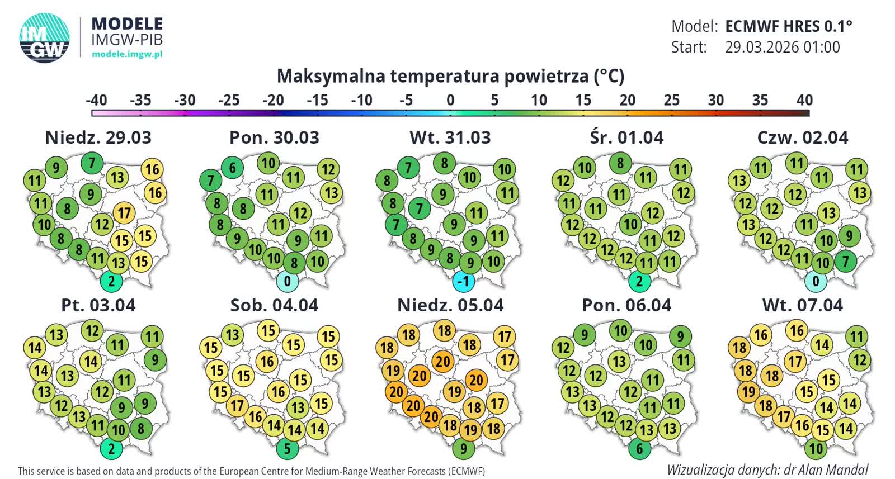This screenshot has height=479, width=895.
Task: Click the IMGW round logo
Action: point(45,37)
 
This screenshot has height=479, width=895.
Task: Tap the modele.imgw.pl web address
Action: point(127,54)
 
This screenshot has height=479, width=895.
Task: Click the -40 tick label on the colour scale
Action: point(96,100)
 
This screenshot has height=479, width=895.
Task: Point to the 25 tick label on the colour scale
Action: point(671,100)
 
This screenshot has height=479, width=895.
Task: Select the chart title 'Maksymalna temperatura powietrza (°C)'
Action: point(450,76)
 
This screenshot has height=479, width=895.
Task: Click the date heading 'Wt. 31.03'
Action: point(450,137)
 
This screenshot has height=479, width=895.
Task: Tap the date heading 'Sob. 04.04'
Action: point(274,305)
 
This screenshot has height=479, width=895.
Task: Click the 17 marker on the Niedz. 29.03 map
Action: point(124,213)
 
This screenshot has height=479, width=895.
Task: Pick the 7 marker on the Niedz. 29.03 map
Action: point(92,163)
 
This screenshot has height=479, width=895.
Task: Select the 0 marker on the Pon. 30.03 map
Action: point(288,281)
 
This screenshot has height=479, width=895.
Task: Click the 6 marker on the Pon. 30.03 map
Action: point(232,167)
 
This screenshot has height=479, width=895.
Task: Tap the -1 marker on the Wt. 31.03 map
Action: point(464,281)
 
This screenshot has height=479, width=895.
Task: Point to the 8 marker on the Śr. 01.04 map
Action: point(620,163)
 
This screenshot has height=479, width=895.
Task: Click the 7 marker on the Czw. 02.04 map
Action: point(845,261)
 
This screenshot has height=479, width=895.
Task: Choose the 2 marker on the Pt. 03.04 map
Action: point(111,448)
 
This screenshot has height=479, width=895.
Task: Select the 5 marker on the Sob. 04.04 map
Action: point(288,448)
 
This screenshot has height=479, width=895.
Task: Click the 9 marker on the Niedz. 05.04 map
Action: point(464,448)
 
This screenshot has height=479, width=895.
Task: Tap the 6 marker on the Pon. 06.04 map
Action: point(639,448)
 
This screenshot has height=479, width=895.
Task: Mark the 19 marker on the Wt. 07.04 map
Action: point(749,392)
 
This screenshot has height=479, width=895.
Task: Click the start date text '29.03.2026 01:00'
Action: point(782,48)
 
